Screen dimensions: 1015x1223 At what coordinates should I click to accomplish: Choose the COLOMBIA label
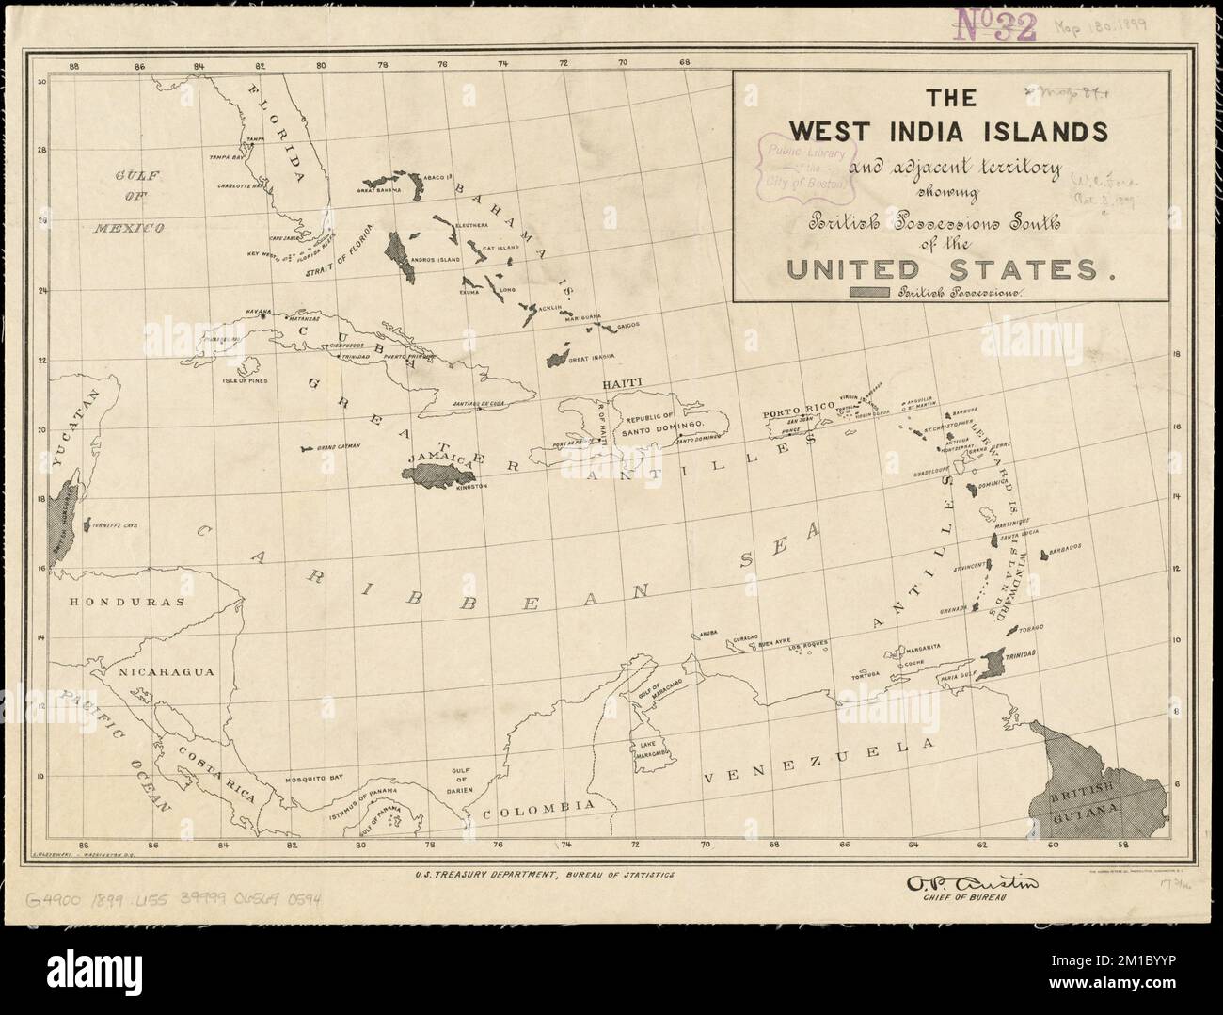(539, 808)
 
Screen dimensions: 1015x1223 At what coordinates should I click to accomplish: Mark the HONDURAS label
(119, 599)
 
